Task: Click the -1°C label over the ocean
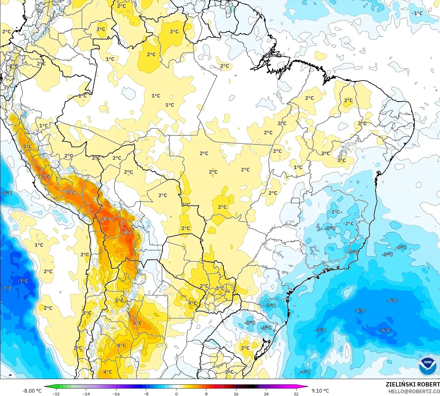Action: (x=417, y=13)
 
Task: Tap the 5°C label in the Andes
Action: (x=27, y=146)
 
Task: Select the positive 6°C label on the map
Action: (x=137, y=323)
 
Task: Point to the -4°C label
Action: (x=305, y=372)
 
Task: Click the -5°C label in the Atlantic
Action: (x=321, y=330)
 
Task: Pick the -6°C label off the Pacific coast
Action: (x=7, y=193)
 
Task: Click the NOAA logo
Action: (x=428, y=366)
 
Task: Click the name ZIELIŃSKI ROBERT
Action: (x=413, y=384)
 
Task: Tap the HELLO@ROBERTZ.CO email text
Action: (x=414, y=391)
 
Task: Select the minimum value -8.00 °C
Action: (x=32, y=391)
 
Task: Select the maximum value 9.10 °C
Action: (x=320, y=391)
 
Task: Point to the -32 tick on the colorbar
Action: (x=56, y=394)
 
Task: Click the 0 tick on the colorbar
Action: (x=176, y=394)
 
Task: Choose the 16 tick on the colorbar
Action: (x=236, y=394)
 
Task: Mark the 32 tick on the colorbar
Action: (x=296, y=394)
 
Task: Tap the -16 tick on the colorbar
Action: (x=116, y=394)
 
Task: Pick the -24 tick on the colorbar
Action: (x=86, y=394)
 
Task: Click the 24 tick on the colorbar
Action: (x=266, y=394)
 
